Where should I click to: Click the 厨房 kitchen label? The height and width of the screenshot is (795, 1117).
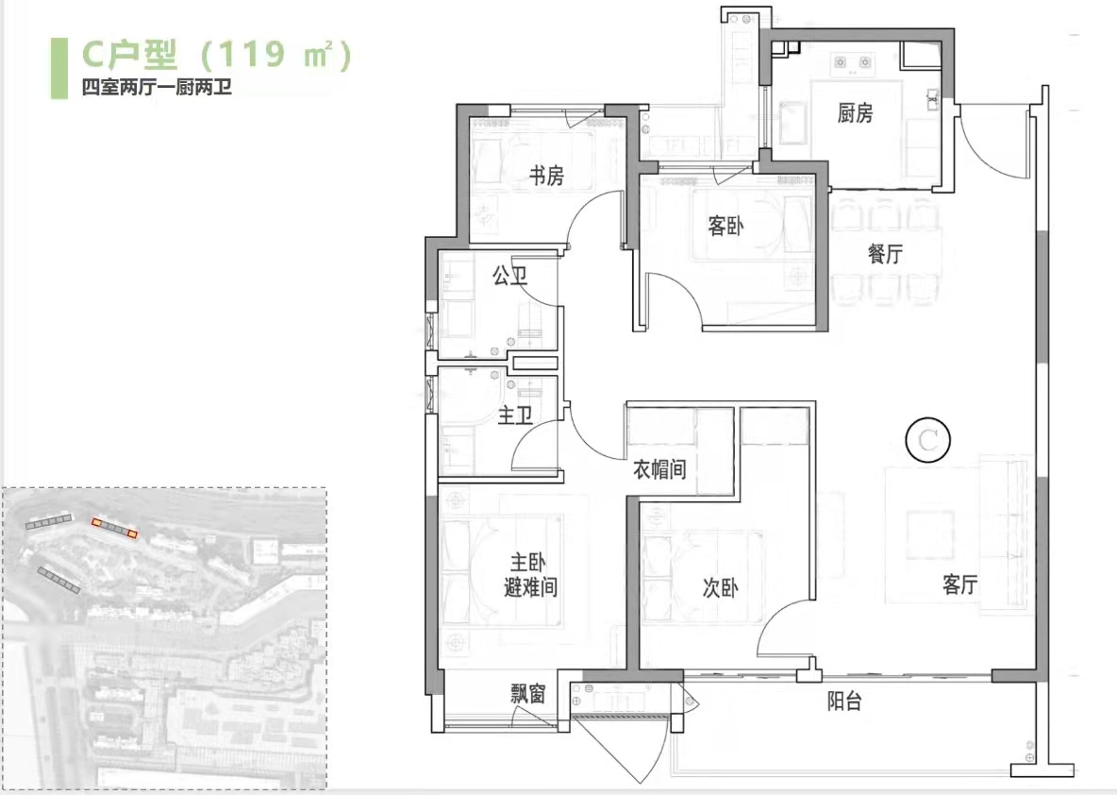[x=855, y=112]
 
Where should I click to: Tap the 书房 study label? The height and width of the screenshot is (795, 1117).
[x=546, y=176]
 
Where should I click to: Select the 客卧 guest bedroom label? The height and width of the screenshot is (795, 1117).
[x=725, y=226]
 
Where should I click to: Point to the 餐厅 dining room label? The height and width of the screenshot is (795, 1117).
[x=886, y=253]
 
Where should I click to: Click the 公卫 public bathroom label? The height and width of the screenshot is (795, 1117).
[x=510, y=276]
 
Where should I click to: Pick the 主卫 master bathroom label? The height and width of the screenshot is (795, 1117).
[x=515, y=415]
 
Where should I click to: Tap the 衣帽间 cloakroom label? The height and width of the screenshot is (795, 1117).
[x=659, y=469]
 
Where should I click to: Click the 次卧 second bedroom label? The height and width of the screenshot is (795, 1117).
[x=720, y=587]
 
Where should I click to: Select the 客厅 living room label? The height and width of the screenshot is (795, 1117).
[x=959, y=584]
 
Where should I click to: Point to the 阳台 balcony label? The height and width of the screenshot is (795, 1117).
[x=845, y=702]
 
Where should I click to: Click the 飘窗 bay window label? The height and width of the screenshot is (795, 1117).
[x=528, y=693]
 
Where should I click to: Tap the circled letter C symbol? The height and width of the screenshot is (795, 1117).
[x=927, y=440]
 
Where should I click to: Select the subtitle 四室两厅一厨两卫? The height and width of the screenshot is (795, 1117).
[x=157, y=88]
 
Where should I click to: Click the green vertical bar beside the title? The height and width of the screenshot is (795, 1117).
[x=59, y=68]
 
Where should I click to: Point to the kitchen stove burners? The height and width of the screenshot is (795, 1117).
[x=853, y=63]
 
